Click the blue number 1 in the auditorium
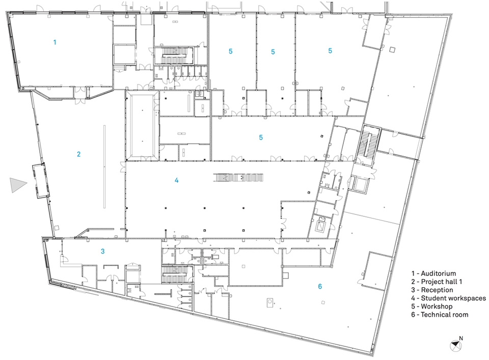click(55, 42)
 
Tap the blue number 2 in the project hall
click(78, 154)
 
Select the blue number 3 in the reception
click(102, 251)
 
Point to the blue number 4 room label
click(177, 180)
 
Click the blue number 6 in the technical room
click(320, 287)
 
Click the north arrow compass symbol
click(455, 345)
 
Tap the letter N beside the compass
click(461, 338)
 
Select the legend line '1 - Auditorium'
click(433, 273)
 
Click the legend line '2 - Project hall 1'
click(437, 282)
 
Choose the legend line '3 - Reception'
click(432, 290)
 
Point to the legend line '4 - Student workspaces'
click(448, 298)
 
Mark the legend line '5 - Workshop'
click(431, 306)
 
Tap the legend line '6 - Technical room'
click(440, 315)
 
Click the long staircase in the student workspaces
click(238, 178)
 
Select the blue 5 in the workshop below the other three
click(261, 137)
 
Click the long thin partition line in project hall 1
click(104, 167)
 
